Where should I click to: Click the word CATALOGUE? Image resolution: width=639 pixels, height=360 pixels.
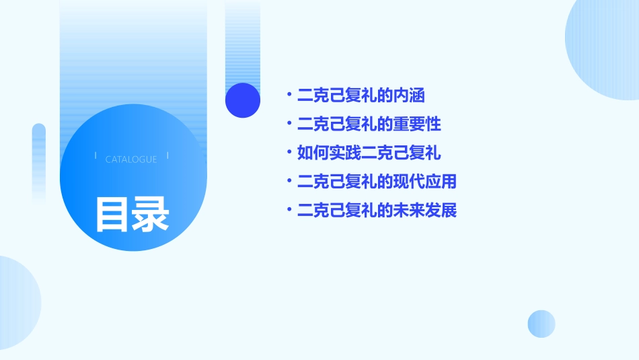(x=131, y=159)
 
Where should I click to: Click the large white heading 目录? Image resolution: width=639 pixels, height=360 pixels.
(x=132, y=214)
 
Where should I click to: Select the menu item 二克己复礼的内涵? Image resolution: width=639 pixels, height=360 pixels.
(x=361, y=96)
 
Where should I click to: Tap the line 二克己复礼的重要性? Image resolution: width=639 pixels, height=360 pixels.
(x=369, y=124)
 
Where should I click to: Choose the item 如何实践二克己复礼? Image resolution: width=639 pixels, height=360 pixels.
(x=369, y=153)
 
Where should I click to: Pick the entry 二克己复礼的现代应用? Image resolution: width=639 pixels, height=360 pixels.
(x=377, y=182)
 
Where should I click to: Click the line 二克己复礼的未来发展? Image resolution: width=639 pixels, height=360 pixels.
(x=377, y=211)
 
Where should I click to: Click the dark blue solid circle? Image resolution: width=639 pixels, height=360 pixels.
(x=243, y=100)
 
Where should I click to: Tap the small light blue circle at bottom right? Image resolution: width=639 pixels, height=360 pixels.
(x=541, y=324)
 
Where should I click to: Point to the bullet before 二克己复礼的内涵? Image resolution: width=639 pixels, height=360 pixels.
(x=289, y=96)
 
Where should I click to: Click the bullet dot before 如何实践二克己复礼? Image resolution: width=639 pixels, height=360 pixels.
(x=289, y=153)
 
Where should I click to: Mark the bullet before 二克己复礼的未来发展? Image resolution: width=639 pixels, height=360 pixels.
(x=289, y=211)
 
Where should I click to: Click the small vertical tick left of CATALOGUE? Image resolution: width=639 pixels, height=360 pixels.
(x=96, y=156)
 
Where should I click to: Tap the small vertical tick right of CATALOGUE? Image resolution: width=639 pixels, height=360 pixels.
(x=167, y=156)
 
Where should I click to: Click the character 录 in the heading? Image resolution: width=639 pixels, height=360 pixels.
(x=151, y=214)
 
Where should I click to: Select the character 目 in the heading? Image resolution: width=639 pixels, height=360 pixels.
(x=112, y=214)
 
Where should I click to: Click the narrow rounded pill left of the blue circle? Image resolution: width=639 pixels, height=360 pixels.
(x=39, y=161)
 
